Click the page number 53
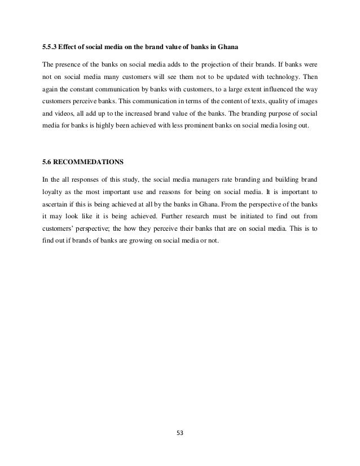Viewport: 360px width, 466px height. (x=180, y=434)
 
